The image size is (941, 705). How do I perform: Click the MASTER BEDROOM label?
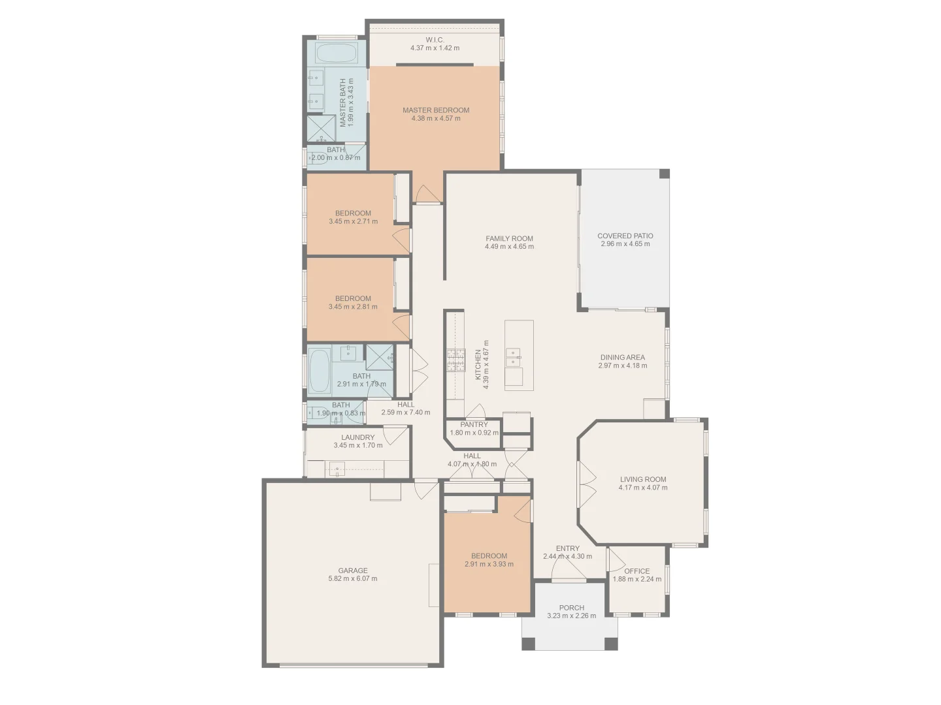436,110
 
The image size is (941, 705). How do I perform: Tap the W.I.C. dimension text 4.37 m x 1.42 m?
435,48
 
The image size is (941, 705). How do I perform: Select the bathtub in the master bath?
337,53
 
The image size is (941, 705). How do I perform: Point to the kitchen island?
519,355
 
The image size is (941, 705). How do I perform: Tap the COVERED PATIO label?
625,236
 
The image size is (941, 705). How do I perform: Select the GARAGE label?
352,570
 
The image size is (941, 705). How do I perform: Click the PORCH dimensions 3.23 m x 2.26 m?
571,616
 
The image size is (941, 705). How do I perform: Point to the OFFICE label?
636,571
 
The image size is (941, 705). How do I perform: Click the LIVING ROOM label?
643,479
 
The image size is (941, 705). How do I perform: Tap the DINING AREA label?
622,357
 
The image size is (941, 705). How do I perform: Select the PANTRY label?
474,424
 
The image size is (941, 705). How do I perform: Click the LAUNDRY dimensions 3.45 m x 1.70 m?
357,446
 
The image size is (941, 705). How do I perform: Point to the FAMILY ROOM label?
509,238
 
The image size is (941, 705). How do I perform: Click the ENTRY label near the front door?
567,548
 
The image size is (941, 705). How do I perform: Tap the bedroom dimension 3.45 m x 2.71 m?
353,221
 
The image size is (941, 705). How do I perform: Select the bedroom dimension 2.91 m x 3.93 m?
489,564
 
